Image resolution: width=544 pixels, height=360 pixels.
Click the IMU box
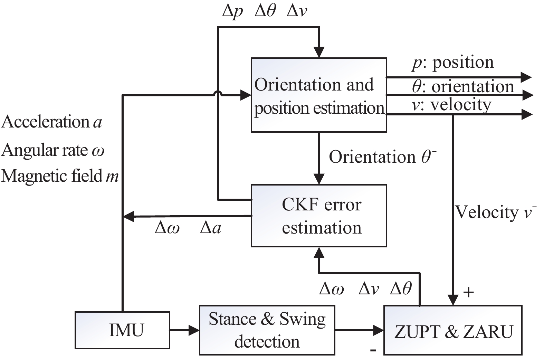[122, 330]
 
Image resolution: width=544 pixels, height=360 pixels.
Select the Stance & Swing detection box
[267, 330]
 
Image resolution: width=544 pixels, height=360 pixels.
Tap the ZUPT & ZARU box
[453, 331]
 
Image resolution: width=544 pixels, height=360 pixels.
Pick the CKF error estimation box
[318, 216]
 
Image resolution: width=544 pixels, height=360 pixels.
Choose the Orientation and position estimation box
[318, 95]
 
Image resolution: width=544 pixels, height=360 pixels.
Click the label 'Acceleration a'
[52, 122]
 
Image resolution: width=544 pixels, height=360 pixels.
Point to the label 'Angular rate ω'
[53, 150]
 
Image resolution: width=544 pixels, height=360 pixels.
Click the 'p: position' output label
[453, 63]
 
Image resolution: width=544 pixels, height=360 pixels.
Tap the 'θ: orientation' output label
[463, 86]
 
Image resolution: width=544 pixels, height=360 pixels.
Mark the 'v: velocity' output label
[451, 105]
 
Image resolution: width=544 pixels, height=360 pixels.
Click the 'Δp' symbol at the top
[232, 11]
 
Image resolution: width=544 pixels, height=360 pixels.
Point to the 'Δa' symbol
[210, 228]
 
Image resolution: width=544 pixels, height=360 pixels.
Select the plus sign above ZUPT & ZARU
[468, 293]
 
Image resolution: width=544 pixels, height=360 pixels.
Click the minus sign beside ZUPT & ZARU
[373, 350]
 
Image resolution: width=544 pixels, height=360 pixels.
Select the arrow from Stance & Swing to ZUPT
[359, 330]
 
